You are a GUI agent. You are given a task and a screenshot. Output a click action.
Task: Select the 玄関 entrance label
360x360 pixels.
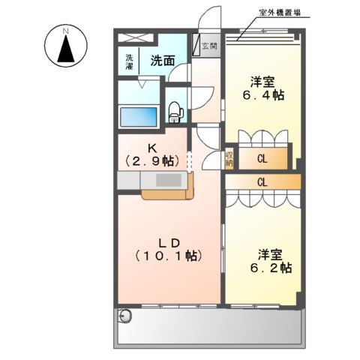(208, 46)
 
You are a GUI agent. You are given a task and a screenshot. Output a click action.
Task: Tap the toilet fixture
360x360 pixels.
(175, 112)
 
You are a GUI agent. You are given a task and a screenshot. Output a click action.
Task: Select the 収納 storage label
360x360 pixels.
(229, 159)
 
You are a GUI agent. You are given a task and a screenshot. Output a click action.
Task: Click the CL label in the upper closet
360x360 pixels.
(262, 158)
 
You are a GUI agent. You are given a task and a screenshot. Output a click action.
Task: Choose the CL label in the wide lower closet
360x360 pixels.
(262, 181)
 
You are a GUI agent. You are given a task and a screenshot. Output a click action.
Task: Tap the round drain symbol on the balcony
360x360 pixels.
(125, 315)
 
